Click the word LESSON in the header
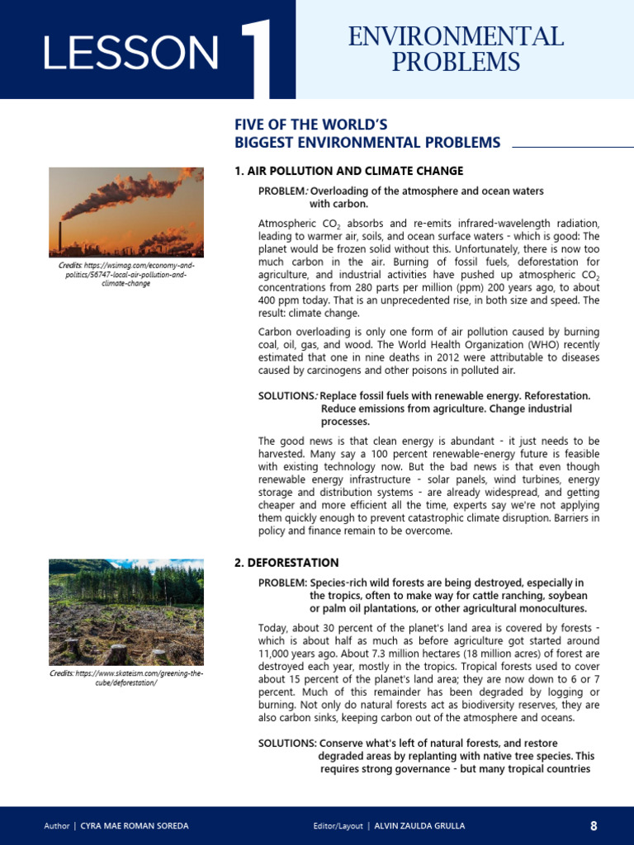coord(130,53)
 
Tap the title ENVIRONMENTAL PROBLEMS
coord(456,50)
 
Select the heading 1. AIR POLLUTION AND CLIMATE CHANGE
coord(349,171)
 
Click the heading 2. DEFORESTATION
coord(286,563)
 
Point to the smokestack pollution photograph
coord(125,211)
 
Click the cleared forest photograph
coord(125,612)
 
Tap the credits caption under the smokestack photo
coord(125,276)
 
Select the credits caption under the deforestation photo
coord(125,678)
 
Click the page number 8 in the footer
coord(593,826)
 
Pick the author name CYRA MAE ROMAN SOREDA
coord(134,826)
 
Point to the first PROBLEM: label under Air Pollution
coord(282,191)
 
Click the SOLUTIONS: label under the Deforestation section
coord(287,743)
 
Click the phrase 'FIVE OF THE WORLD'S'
coord(311,125)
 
